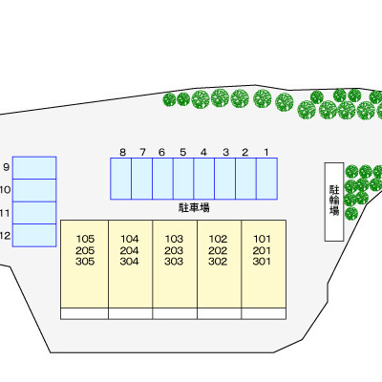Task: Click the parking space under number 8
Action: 121,179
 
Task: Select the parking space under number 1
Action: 266,179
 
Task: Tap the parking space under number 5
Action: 183,179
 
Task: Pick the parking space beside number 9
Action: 34,168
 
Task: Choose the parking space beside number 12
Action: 34,235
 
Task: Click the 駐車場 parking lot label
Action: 194,208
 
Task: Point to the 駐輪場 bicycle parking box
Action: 334,202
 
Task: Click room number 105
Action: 85,239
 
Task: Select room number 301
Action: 262,262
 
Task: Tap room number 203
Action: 174,250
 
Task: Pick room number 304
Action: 130,262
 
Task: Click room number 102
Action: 218,239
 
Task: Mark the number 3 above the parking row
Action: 225,153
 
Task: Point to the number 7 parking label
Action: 142,153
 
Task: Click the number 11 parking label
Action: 5,213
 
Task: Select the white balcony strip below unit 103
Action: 175,313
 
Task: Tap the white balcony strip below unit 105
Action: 84,313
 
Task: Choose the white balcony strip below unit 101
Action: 264,313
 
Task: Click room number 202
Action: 218,250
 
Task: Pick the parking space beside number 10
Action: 34,190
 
